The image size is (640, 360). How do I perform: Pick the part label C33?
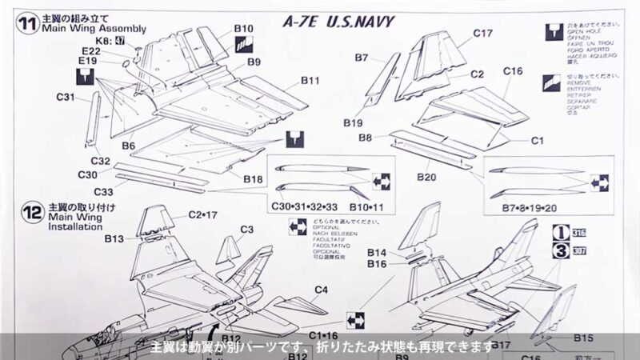tap(103, 191)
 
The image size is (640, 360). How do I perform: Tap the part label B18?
tap(254, 177)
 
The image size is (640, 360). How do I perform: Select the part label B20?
tap(426, 177)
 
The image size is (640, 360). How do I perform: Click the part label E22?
tap(90, 50)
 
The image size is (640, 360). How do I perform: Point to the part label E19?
tap(88, 61)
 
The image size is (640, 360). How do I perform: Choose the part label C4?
tap(322, 289)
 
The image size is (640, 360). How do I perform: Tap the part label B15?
tap(584, 338)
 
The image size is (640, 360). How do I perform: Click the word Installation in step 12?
tap(75, 226)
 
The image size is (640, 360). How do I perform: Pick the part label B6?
tap(128, 146)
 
